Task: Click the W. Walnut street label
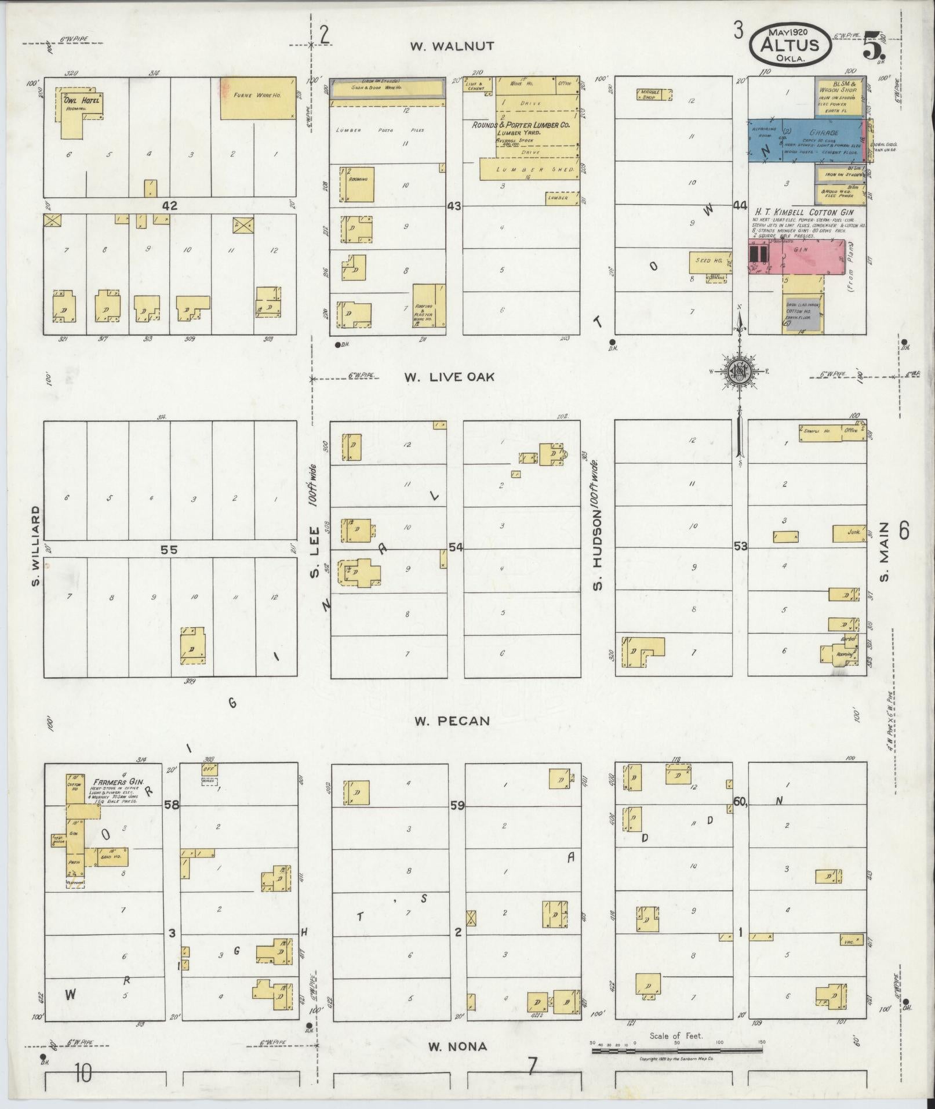(x=452, y=46)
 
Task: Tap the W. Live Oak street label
(x=450, y=377)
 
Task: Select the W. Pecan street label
(x=452, y=721)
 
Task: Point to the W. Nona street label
(x=457, y=1046)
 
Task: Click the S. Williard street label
(x=36, y=546)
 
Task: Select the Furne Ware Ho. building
(x=257, y=98)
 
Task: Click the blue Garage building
(x=806, y=141)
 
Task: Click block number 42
(x=169, y=205)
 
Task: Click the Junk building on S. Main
(x=850, y=533)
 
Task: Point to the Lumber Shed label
(x=526, y=169)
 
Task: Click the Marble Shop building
(x=654, y=94)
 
